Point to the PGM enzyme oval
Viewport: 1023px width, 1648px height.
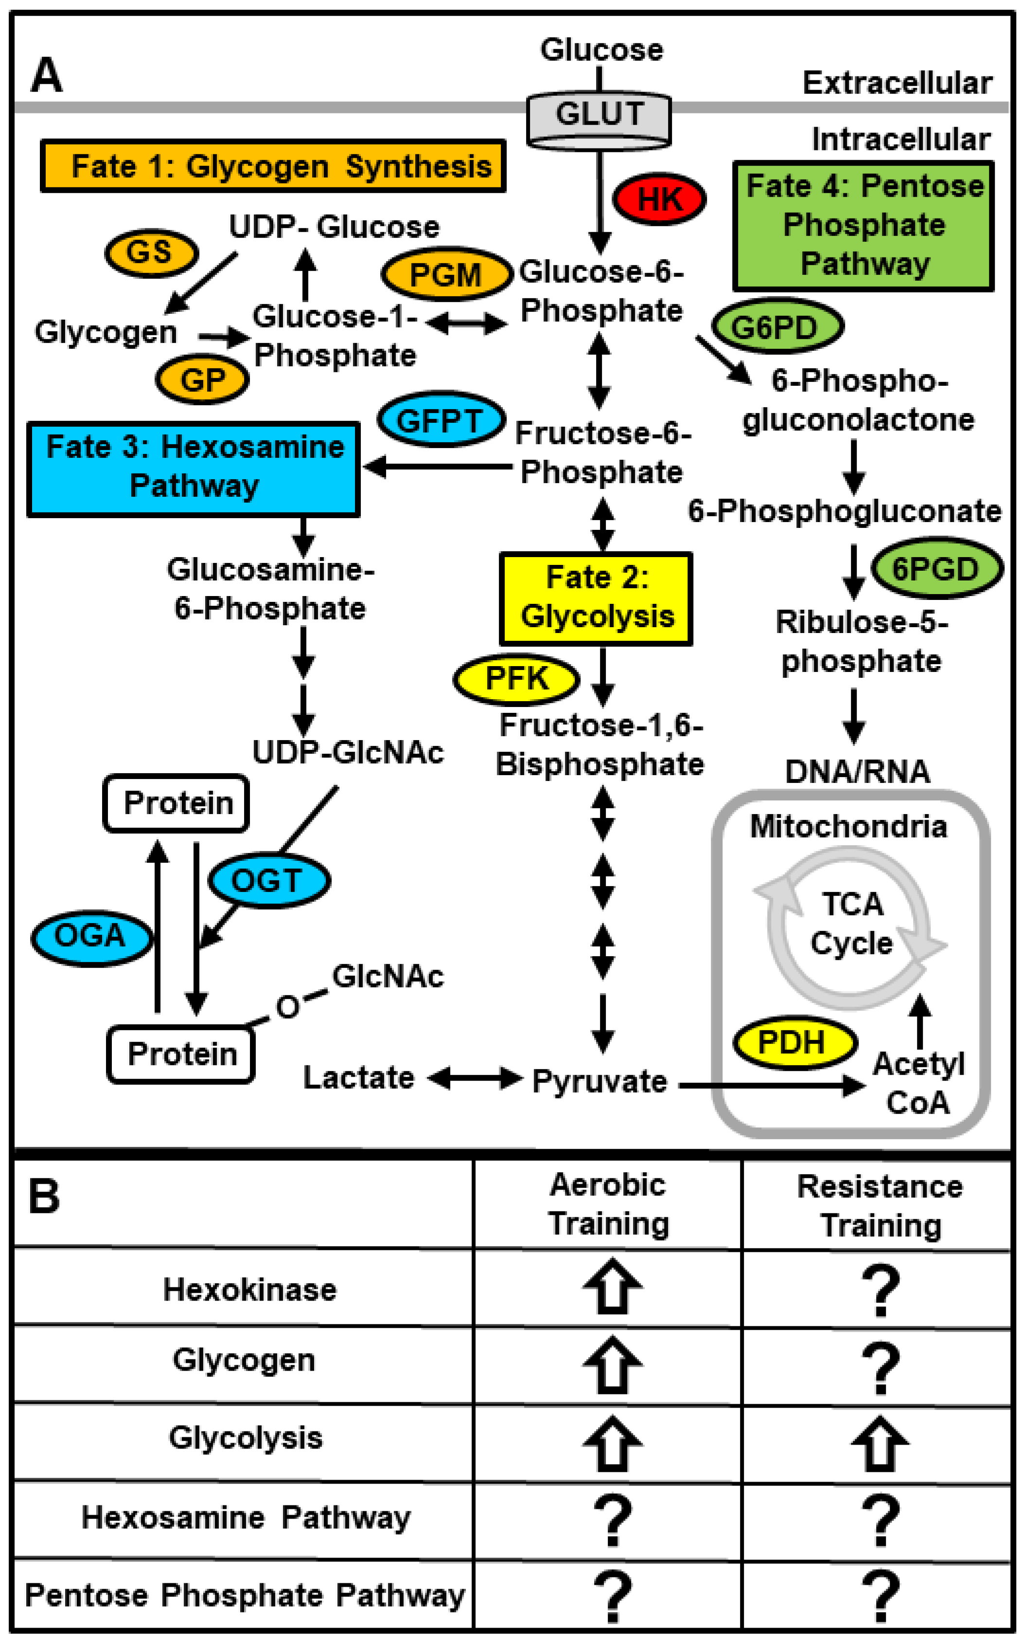[446, 274]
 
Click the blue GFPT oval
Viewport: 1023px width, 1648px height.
[441, 420]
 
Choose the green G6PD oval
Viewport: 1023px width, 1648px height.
[776, 327]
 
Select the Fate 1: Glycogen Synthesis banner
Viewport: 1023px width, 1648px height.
[273, 166]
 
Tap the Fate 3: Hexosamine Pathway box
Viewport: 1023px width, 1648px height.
[194, 469]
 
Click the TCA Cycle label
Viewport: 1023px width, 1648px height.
[851, 924]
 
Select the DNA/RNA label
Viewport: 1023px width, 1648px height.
[857, 772]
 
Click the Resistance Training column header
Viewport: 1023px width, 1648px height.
[880, 1206]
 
